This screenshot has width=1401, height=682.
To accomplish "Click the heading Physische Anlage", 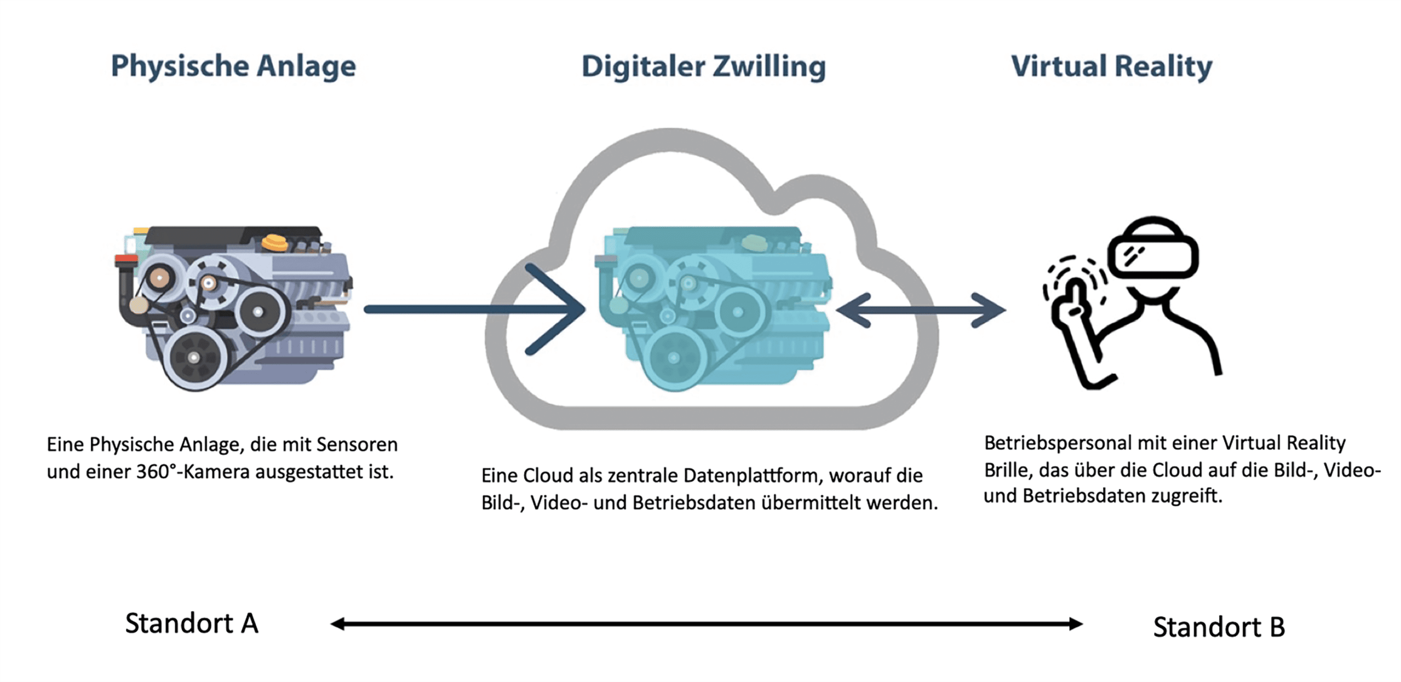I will tap(233, 66).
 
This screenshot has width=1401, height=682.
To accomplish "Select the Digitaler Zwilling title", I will tap(703, 67).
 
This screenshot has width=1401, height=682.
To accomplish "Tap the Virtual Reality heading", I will tap(1111, 66).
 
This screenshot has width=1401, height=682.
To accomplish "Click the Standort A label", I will tap(192, 623).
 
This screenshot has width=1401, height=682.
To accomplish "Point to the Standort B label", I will tap(1219, 627).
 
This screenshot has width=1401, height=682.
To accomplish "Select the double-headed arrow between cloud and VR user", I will tap(921, 310).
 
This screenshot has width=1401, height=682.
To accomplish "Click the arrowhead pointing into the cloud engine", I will tap(564, 309).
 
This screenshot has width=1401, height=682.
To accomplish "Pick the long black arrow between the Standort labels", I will tap(706, 624).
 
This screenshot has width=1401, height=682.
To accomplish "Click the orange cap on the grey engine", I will tap(275, 242).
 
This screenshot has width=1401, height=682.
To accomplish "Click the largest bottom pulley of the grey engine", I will tap(194, 357).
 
